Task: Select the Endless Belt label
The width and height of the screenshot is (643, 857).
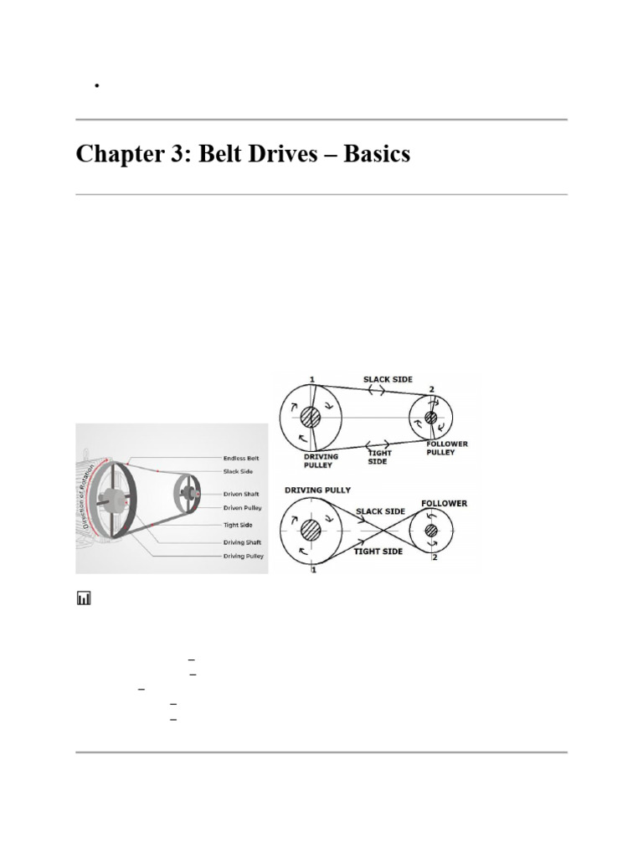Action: (241, 459)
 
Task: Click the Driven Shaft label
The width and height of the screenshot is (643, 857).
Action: (242, 495)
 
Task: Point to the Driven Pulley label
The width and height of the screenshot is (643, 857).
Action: (243, 507)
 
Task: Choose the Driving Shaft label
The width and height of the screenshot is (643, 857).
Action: (244, 542)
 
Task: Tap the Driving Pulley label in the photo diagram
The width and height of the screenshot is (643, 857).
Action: (244, 556)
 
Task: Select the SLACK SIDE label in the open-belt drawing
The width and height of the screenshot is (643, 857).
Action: (388, 379)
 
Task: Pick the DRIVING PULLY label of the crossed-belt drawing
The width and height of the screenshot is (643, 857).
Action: (317, 488)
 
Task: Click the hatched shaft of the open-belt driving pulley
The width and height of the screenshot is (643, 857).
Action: (311, 417)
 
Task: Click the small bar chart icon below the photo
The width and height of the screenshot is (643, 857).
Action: (84, 598)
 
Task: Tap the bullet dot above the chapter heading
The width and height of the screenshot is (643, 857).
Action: (98, 85)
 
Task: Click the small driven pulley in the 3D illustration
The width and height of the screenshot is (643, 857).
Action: (188, 492)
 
